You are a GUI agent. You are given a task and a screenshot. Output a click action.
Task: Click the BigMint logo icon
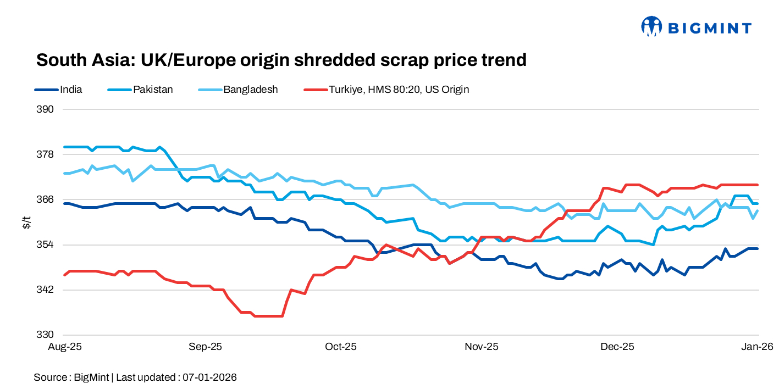coord(651,26)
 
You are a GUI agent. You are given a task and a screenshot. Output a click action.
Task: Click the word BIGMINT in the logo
coord(709,27)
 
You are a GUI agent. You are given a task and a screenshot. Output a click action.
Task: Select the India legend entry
coord(71,89)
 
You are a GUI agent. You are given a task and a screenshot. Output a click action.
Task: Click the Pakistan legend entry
coord(153,89)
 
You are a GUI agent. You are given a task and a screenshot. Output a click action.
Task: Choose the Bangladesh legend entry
coord(250,89)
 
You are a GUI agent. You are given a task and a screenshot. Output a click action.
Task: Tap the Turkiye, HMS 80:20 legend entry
coord(399,89)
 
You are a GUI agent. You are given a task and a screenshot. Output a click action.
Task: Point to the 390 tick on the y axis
coord(46,109)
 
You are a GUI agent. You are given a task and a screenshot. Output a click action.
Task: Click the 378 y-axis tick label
coord(46,154)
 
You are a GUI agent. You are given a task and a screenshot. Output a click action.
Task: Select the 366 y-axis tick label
coord(46,199)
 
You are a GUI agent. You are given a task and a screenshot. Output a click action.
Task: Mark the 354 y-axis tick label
coord(46,244)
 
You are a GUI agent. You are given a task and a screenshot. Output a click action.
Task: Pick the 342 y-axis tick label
coord(46,290)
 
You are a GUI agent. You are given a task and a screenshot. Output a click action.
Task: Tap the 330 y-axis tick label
coord(46,335)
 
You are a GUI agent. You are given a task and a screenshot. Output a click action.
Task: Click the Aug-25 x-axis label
coord(65,347)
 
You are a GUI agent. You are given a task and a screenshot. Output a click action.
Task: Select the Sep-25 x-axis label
coord(205,347)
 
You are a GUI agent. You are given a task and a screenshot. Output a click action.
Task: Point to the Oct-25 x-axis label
coord(341,347)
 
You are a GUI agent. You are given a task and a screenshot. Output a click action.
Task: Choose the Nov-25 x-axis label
coord(482,347)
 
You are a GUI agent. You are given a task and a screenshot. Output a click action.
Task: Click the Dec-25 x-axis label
coord(617,347)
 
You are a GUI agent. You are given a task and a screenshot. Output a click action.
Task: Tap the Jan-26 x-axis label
coord(758,347)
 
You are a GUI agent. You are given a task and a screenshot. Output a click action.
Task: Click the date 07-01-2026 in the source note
coord(209,377)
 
